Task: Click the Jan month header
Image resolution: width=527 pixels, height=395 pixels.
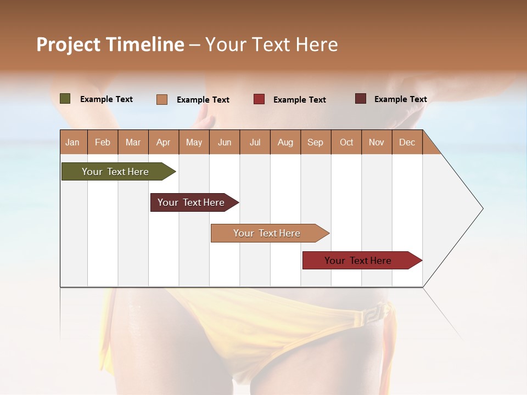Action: pos(73,142)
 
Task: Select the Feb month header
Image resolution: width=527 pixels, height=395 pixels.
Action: pos(103,142)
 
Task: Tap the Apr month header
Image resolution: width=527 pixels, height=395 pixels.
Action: pos(164,142)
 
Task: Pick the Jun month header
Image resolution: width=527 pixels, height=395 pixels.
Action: pos(225,142)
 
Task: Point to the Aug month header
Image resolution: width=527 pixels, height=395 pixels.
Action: pos(285,142)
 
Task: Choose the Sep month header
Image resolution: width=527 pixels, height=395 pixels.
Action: pos(316,142)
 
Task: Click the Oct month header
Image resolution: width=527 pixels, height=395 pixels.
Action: pos(346,142)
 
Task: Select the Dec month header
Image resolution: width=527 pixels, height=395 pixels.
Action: pos(407,142)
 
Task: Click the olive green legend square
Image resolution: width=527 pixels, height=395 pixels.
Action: pos(65,99)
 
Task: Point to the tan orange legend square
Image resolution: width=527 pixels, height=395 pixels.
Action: pos(162,99)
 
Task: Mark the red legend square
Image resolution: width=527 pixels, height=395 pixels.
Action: pos(259,99)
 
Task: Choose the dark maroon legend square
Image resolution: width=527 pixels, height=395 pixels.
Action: pos(361,99)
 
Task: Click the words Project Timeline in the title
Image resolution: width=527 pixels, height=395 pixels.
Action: pos(110,44)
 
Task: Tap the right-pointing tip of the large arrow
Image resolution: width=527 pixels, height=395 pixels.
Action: pos(481,208)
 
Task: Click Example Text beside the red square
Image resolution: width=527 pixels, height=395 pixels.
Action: pos(299,100)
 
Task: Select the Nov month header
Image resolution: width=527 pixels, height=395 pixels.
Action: pos(377,142)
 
